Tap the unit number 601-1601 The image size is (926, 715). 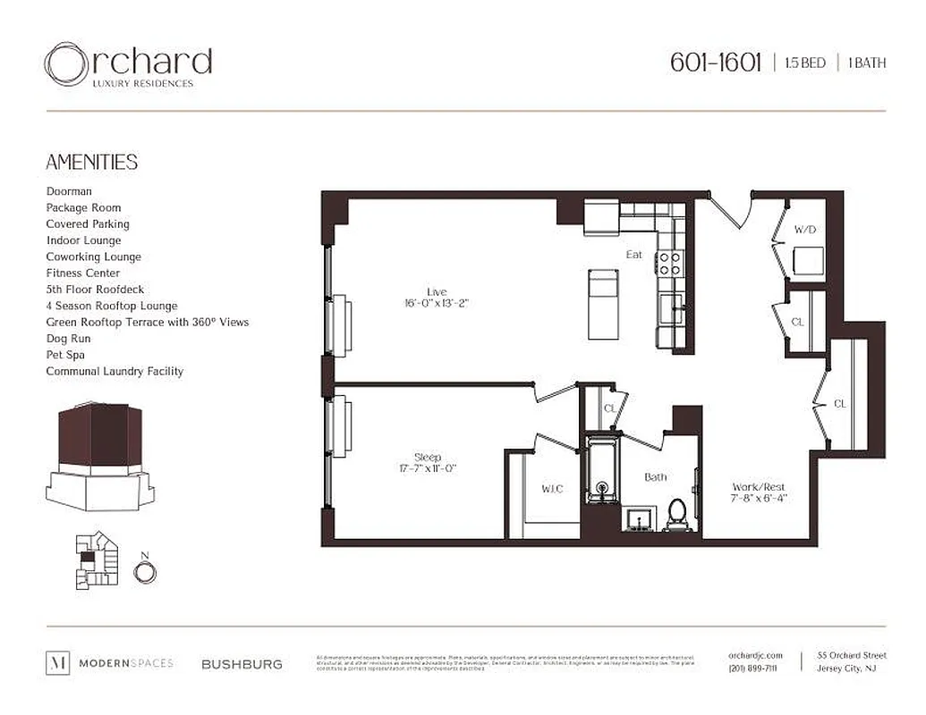click(715, 63)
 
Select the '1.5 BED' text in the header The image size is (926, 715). click(804, 63)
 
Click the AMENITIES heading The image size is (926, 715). click(91, 162)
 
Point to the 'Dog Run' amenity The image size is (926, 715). click(69, 339)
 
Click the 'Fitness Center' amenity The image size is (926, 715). click(83, 273)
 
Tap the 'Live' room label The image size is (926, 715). click(437, 291)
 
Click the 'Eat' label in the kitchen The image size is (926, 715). click(633, 255)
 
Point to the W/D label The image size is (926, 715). click(805, 230)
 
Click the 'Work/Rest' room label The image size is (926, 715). click(759, 487)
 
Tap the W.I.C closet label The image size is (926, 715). click(552, 489)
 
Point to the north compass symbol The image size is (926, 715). click(144, 569)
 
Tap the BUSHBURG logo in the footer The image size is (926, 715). click(242, 664)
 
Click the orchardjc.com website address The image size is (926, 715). click(756, 656)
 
